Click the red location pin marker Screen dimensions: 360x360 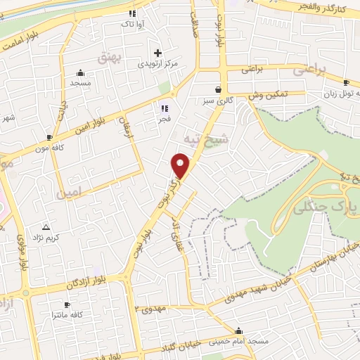[181, 165]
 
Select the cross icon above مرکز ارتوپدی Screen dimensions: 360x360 [157, 53]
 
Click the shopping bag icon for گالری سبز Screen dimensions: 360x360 [219, 90]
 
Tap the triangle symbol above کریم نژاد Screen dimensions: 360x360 [46, 227]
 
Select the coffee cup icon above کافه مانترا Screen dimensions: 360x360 [67, 305]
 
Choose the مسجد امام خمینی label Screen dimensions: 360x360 [241, 341]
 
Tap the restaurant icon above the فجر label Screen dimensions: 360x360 [165, 108]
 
